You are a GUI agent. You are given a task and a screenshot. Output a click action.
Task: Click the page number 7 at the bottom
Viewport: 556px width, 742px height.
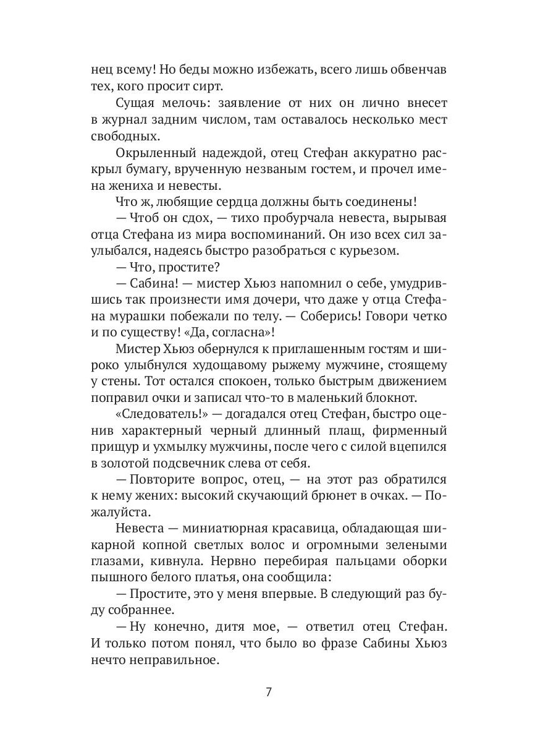[269, 692]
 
